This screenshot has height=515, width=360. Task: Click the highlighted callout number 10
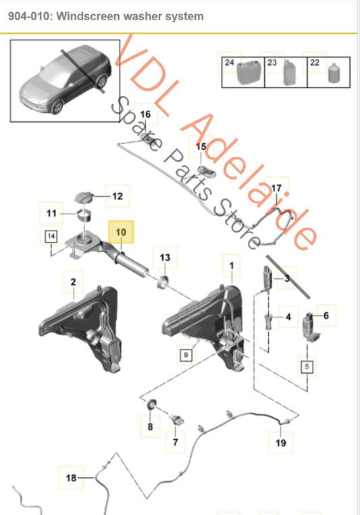point(122,232)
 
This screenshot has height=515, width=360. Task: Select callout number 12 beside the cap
point(117,197)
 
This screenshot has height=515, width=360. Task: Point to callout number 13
point(165,257)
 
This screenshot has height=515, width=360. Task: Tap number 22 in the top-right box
point(314,62)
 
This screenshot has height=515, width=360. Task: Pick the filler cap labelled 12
point(88,197)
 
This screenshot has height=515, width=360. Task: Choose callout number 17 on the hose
point(276,188)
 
